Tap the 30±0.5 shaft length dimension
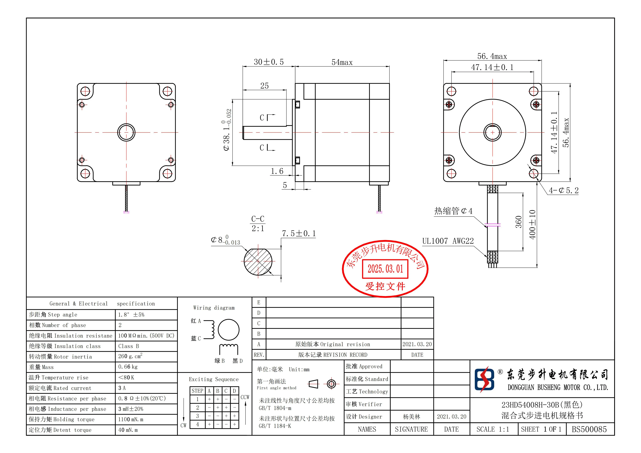pyautogui.click(x=269, y=62)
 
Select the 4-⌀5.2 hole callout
pyautogui.click(x=563, y=190)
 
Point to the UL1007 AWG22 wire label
pyautogui.click(x=448, y=241)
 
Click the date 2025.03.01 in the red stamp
pyautogui.click(x=385, y=269)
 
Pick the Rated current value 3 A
pyautogui.click(x=122, y=388)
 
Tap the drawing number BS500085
pyautogui.click(x=589, y=429)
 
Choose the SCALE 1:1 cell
pyautogui.click(x=493, y=429)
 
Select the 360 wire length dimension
pyautogui.click(x=518, y=222)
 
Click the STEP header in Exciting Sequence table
pyautogui.click(x=197, y=391)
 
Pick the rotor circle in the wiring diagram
pyautogui.click(x=228, y=330)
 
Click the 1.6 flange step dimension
pyautogui.click(x=277, y=171)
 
